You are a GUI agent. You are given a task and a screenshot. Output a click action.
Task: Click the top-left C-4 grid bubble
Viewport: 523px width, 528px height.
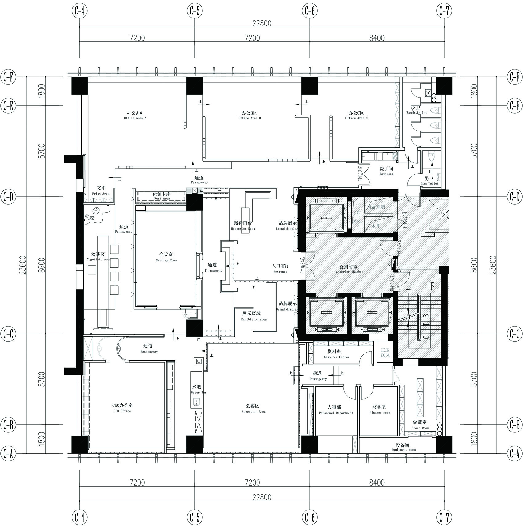pos(79,11)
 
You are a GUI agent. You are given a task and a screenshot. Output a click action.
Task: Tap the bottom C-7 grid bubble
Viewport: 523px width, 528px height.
pos(444,518)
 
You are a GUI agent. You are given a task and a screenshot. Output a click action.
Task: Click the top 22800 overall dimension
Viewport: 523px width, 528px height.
pos(262,23)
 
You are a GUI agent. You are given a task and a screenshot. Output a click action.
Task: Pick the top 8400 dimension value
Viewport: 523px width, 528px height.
pos(377,38)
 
